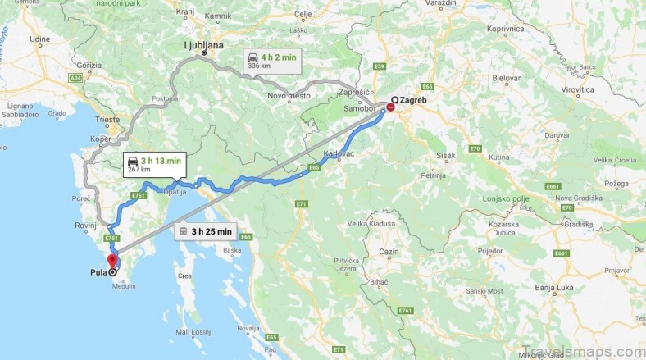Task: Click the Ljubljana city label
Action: click(x=202, y=46)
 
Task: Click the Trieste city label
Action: click(x=108, y=120)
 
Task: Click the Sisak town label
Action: click(x=447, y=154)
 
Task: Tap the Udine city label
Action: click(x=40, y=39)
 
